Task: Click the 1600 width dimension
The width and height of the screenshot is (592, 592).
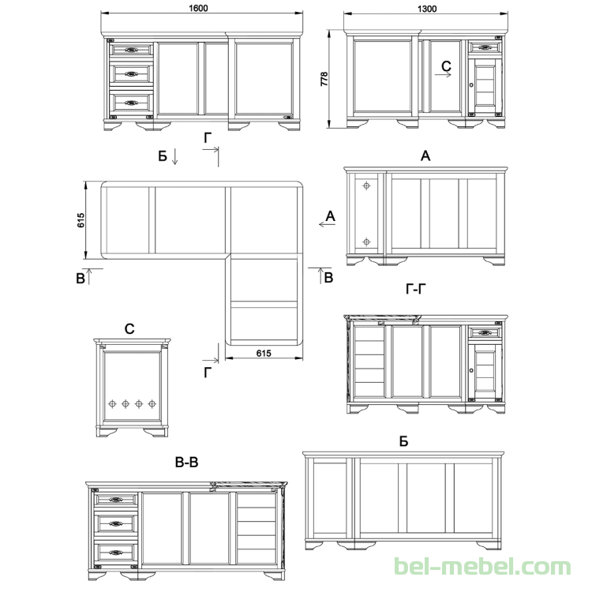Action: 198,9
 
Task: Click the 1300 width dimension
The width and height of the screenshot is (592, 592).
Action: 427,9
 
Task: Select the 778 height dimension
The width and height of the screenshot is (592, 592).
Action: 324,79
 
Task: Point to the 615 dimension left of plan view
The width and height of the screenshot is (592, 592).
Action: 81,220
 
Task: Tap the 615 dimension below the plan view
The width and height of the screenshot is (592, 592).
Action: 264,353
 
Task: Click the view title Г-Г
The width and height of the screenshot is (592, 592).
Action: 416,289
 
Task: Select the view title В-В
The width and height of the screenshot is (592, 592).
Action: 186,462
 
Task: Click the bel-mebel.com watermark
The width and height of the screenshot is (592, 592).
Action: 482,567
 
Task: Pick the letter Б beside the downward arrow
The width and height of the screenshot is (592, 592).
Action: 163,156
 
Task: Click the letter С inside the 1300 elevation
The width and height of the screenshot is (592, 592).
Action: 446,66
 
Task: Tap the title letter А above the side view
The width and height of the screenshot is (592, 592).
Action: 425,155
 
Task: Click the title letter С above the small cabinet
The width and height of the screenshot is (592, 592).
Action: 129,329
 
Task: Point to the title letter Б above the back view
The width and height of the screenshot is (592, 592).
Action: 403,441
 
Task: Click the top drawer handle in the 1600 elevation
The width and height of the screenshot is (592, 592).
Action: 131,50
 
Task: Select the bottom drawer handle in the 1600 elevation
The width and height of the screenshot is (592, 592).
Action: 131,103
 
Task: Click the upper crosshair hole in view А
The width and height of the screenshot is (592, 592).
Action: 366,185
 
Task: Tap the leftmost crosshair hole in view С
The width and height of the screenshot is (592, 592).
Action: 112,404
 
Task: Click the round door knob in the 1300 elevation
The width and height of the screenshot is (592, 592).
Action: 471,85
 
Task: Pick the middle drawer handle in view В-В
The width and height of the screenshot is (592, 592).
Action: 116,523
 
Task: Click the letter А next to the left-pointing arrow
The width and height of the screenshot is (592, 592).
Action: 331,216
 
